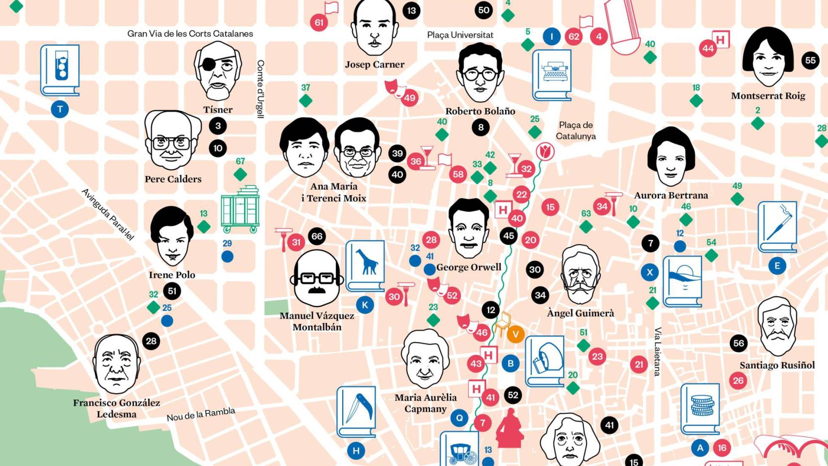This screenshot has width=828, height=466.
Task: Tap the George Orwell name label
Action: coord(468,267)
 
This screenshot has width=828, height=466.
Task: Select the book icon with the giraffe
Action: coord(365,266)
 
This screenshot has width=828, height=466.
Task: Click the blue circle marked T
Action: coord(60,109)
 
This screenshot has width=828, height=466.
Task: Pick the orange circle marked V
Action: coord(515,334)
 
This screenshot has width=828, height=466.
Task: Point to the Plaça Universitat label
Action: coord(460,35)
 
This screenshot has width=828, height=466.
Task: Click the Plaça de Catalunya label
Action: coord(576,131)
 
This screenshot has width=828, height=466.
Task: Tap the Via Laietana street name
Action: coord(658,351)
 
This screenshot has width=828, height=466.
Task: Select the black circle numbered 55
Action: coord(810,60)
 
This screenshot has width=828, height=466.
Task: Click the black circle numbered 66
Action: coord(317,236)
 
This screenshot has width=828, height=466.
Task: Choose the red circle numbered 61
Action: coord(319,22)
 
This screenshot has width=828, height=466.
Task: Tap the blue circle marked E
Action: coord(777,266)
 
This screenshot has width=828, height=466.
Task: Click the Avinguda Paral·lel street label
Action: coord(108,214)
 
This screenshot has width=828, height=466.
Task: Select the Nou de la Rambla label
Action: coord(201,414)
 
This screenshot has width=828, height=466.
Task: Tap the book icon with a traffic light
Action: coord(60,69)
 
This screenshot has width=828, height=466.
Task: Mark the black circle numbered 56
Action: coord(738,343)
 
